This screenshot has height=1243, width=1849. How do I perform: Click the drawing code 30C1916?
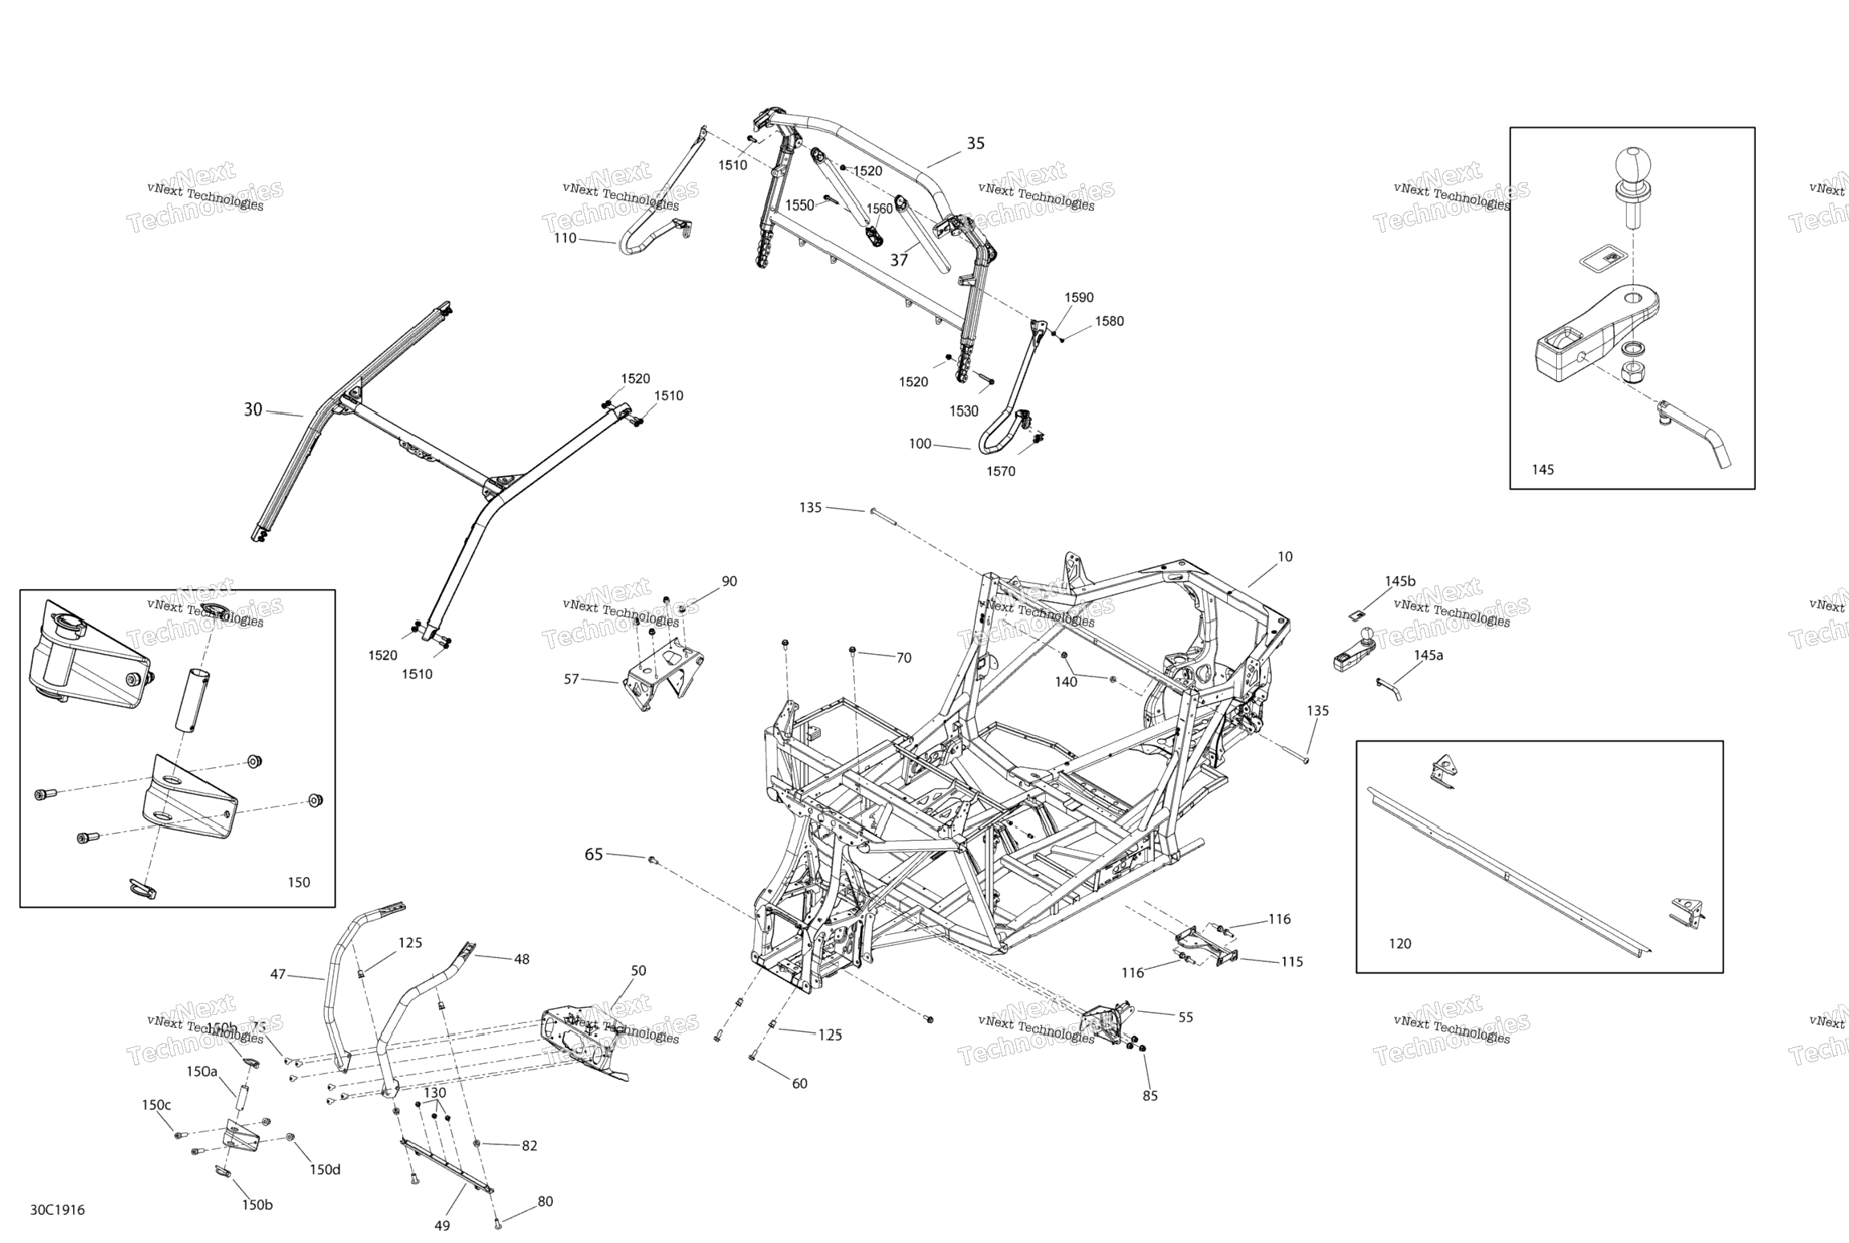[x=57, y=1209]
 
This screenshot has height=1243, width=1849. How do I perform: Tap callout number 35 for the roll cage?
[x=975, y=144]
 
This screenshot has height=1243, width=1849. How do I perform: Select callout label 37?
[x=899, y=260]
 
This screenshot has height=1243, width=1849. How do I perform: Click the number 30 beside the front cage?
[x=253, y=410]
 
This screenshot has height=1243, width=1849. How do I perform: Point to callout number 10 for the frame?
[x=1285, y=557]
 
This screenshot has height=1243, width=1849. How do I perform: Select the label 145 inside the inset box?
[x=1542, y=469]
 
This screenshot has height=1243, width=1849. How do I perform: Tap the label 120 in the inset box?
[x=1400, y=944]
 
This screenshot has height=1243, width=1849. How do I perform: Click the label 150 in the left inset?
[x=299, y=883]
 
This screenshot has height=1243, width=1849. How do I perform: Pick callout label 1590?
[x=1079, y=298]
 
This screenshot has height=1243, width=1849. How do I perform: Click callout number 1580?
[x=1109, y=321]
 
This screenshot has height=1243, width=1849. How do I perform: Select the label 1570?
[x=1001, y=472]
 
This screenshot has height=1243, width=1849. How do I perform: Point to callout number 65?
[x=593, y=855]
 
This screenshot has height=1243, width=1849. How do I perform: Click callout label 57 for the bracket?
[x=571, y=680]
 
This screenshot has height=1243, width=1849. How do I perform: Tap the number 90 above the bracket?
[x=729, y=581]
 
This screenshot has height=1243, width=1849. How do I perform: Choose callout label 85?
[x=1150, y=1096]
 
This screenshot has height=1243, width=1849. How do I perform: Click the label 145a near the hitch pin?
[x=1428, y=655]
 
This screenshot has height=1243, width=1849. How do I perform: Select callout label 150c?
[x=156, y=1105]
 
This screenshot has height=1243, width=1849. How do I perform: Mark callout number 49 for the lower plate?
[x=442, y=1225]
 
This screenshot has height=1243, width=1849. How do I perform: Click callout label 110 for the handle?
[x=565, y=238]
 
